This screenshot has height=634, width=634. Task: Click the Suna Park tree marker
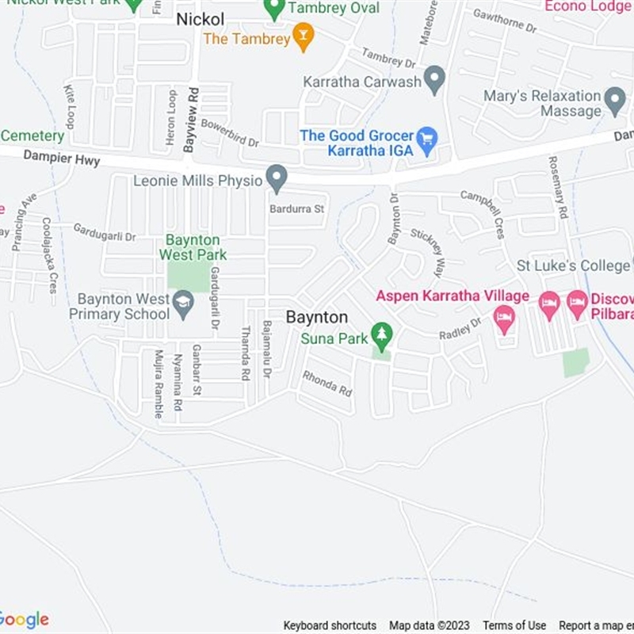pos(382,335)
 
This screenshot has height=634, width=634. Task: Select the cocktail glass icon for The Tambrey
pos(303,36)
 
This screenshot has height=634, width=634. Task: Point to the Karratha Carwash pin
pos(434,79)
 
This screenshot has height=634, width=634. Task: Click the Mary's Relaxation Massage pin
pos(615,101)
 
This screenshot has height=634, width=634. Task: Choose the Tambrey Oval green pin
pos(274,9)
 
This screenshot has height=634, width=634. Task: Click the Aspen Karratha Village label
pos(453,296)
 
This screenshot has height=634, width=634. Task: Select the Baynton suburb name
pos(317,317)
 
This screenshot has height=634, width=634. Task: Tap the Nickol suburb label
pos(200,19)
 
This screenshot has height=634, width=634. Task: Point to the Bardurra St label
pos(297,209)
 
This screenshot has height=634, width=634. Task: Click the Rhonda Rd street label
pos(327,384)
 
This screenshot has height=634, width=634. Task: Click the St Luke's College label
pos(574,265)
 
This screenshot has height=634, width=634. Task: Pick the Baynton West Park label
pos(193,247)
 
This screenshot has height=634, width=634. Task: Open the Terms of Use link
pos(514,625)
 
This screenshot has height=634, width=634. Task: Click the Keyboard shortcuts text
pos(330,625)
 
